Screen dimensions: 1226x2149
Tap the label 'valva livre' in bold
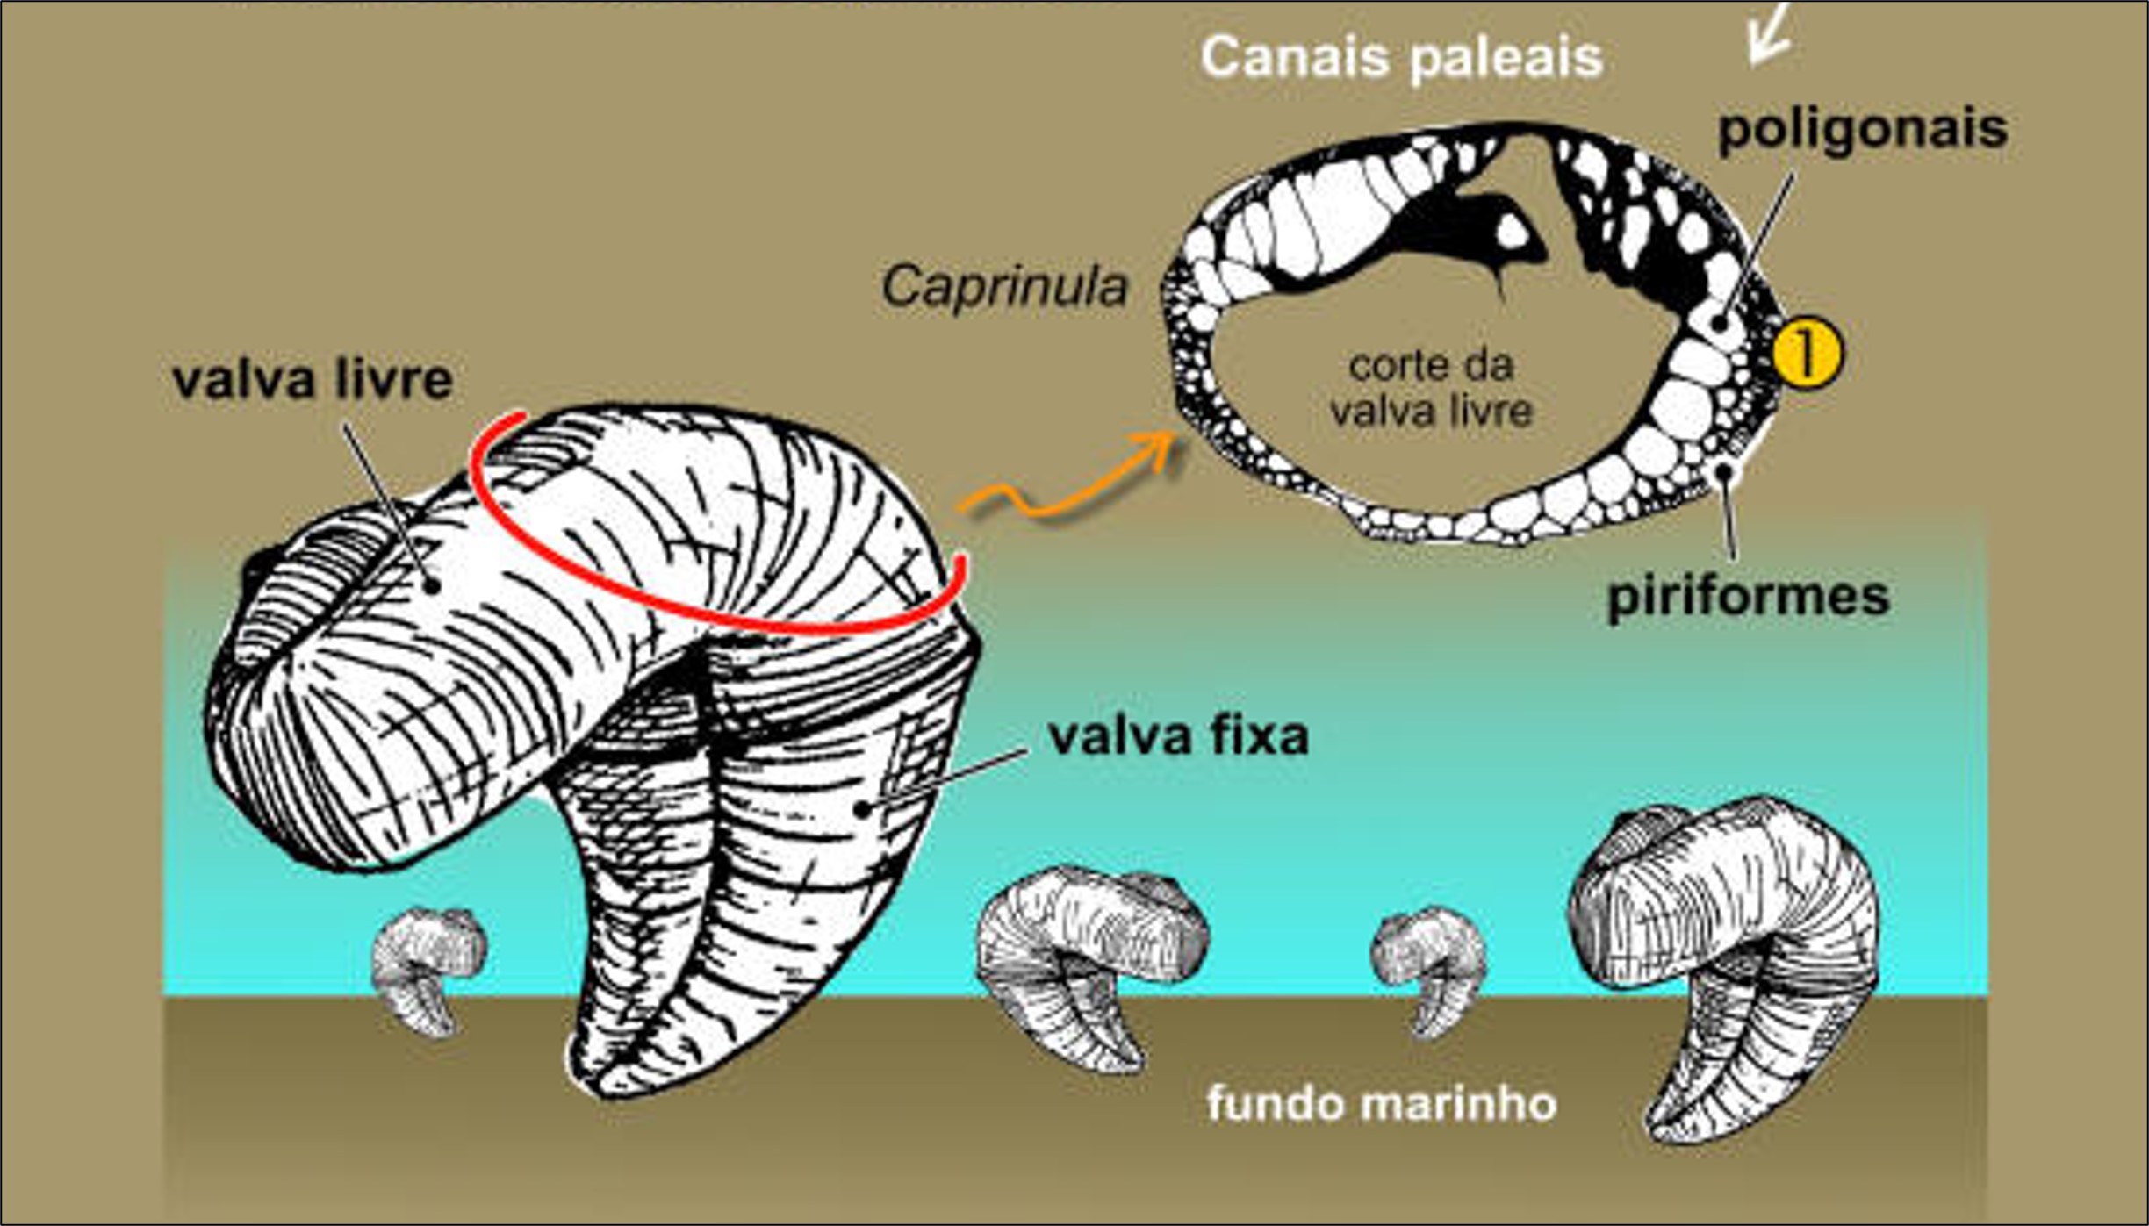point(313,381)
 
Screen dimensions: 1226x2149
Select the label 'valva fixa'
point(1178,736)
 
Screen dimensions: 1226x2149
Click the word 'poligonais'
point(1862,129)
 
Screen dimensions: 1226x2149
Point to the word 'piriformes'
point(1748,597)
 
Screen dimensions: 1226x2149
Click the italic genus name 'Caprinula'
point(1004,287)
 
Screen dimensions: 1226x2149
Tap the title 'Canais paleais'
point(1401,58)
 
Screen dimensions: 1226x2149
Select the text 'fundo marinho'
point(1382,1103)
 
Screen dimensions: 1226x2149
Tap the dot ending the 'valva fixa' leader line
point(865,808)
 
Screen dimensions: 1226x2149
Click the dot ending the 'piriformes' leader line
point(1725,471)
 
